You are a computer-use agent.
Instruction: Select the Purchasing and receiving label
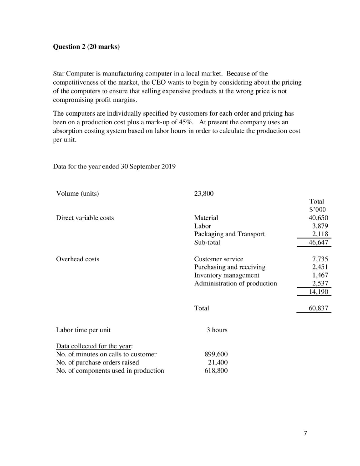229,267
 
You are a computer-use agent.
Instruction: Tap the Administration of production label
235,284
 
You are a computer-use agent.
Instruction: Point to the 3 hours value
217,329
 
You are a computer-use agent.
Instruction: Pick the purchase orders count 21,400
218,362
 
